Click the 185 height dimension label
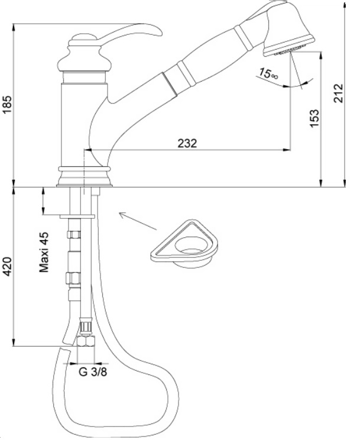point(8,104)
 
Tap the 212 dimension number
point(338,93)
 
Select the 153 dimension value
point(314,118)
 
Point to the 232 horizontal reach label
point(187,143)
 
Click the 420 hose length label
point(8,266)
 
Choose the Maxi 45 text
point(44,252)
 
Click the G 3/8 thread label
point(93,371)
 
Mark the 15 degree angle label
point(268,73)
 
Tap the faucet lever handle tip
point(160,33)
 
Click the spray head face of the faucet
point(289,46)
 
